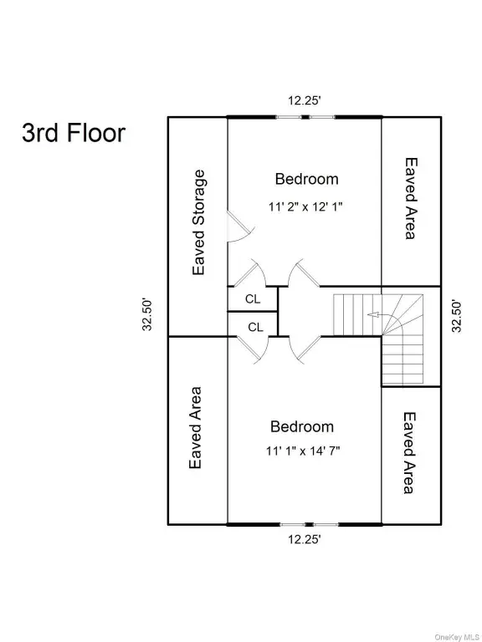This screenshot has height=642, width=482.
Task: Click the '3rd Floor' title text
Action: click(x=74, y=133)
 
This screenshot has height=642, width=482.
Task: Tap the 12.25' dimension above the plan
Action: click(x=304, y=100)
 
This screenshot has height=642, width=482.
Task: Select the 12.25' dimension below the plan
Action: click(x=304, y=539)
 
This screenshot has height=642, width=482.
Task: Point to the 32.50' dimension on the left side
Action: click(x=147, y=314)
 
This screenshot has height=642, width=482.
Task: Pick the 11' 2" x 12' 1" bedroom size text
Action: click(x=305, y=206)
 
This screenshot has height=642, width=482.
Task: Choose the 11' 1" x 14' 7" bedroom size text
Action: click(x=303, y=451)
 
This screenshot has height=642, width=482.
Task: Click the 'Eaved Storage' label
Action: click(x=198, y=222)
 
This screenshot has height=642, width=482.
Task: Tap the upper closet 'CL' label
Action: click(x=253, y=299)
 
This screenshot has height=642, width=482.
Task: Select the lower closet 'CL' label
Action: click(x=255, y=327)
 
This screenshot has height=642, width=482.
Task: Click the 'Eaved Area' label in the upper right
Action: click(x=411, y=198)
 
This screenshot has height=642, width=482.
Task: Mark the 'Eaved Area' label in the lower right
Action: click(x=409, y=453)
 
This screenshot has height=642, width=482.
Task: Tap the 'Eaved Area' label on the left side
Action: click(x=195, y=428)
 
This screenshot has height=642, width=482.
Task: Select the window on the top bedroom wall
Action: click(x=305, y=117)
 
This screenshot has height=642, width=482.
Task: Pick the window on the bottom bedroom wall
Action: click(x=310, y=524)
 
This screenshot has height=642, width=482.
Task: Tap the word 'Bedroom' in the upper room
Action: click(x=306, y=179)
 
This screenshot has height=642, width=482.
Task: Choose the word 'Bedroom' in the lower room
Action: click(x=302, y=426)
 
